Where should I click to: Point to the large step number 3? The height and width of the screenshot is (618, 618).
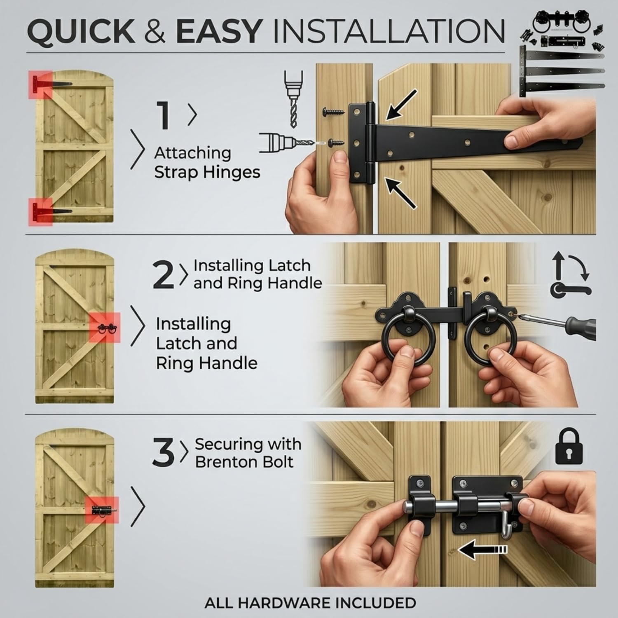point(164,452)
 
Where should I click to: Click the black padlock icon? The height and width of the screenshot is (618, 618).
point(569,447)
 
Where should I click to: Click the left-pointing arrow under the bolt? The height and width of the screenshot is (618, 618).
point(483,550)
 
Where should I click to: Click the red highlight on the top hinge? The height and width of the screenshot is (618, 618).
point(40,84)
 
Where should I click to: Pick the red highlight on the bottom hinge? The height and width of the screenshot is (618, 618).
point(40,211)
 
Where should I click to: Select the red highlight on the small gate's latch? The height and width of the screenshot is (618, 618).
point(105,328)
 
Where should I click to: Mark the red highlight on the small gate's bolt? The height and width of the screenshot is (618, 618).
point(102,510)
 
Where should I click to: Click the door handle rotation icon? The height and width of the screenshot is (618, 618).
point(571,275)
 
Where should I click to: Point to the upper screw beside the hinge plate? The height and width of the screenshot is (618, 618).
point(334,111)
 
